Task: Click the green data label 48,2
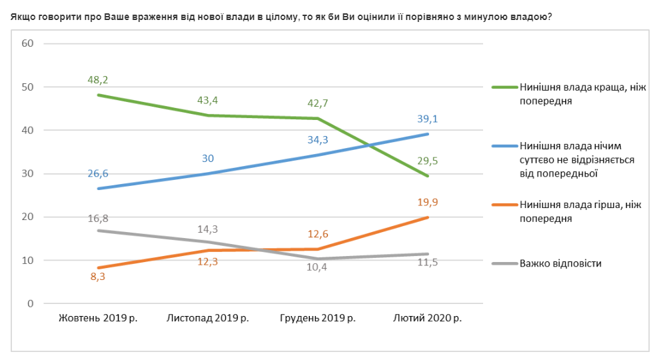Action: (x=98, y=80)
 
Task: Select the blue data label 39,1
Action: (x=427, y=119)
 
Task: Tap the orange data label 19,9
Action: (x=427, y=202)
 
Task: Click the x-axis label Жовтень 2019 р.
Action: (x=98, y=318)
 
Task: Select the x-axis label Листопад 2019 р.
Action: (x=207, y=318)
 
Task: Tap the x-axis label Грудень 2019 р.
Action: (x=317, y=318)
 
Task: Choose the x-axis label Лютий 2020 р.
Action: (x=427, y=318)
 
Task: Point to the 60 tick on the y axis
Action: (x=28, y=44)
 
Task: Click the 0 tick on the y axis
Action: (x=31, y=304)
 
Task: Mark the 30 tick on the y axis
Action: (x=28, y=174)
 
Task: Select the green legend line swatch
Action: (x=504, y=87)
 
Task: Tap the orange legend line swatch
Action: (x=504, y=205)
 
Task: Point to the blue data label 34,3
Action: (x=317, y=141)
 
